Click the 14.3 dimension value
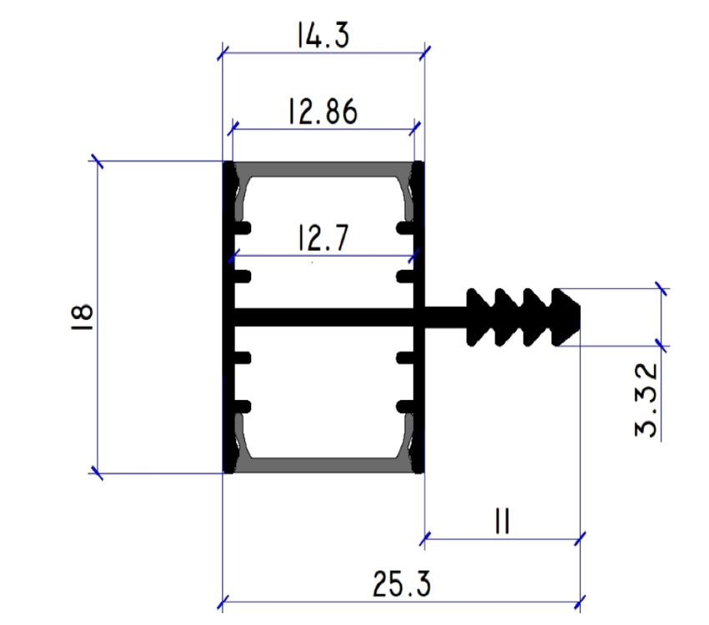point(322,36)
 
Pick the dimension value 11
point(501,522)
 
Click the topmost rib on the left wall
point(241,227)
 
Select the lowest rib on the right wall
point(405,407)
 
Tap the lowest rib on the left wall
point(241,407)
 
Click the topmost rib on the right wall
point(405,227)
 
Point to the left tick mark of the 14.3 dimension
point(222,54)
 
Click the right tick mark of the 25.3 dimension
point(581,600)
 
